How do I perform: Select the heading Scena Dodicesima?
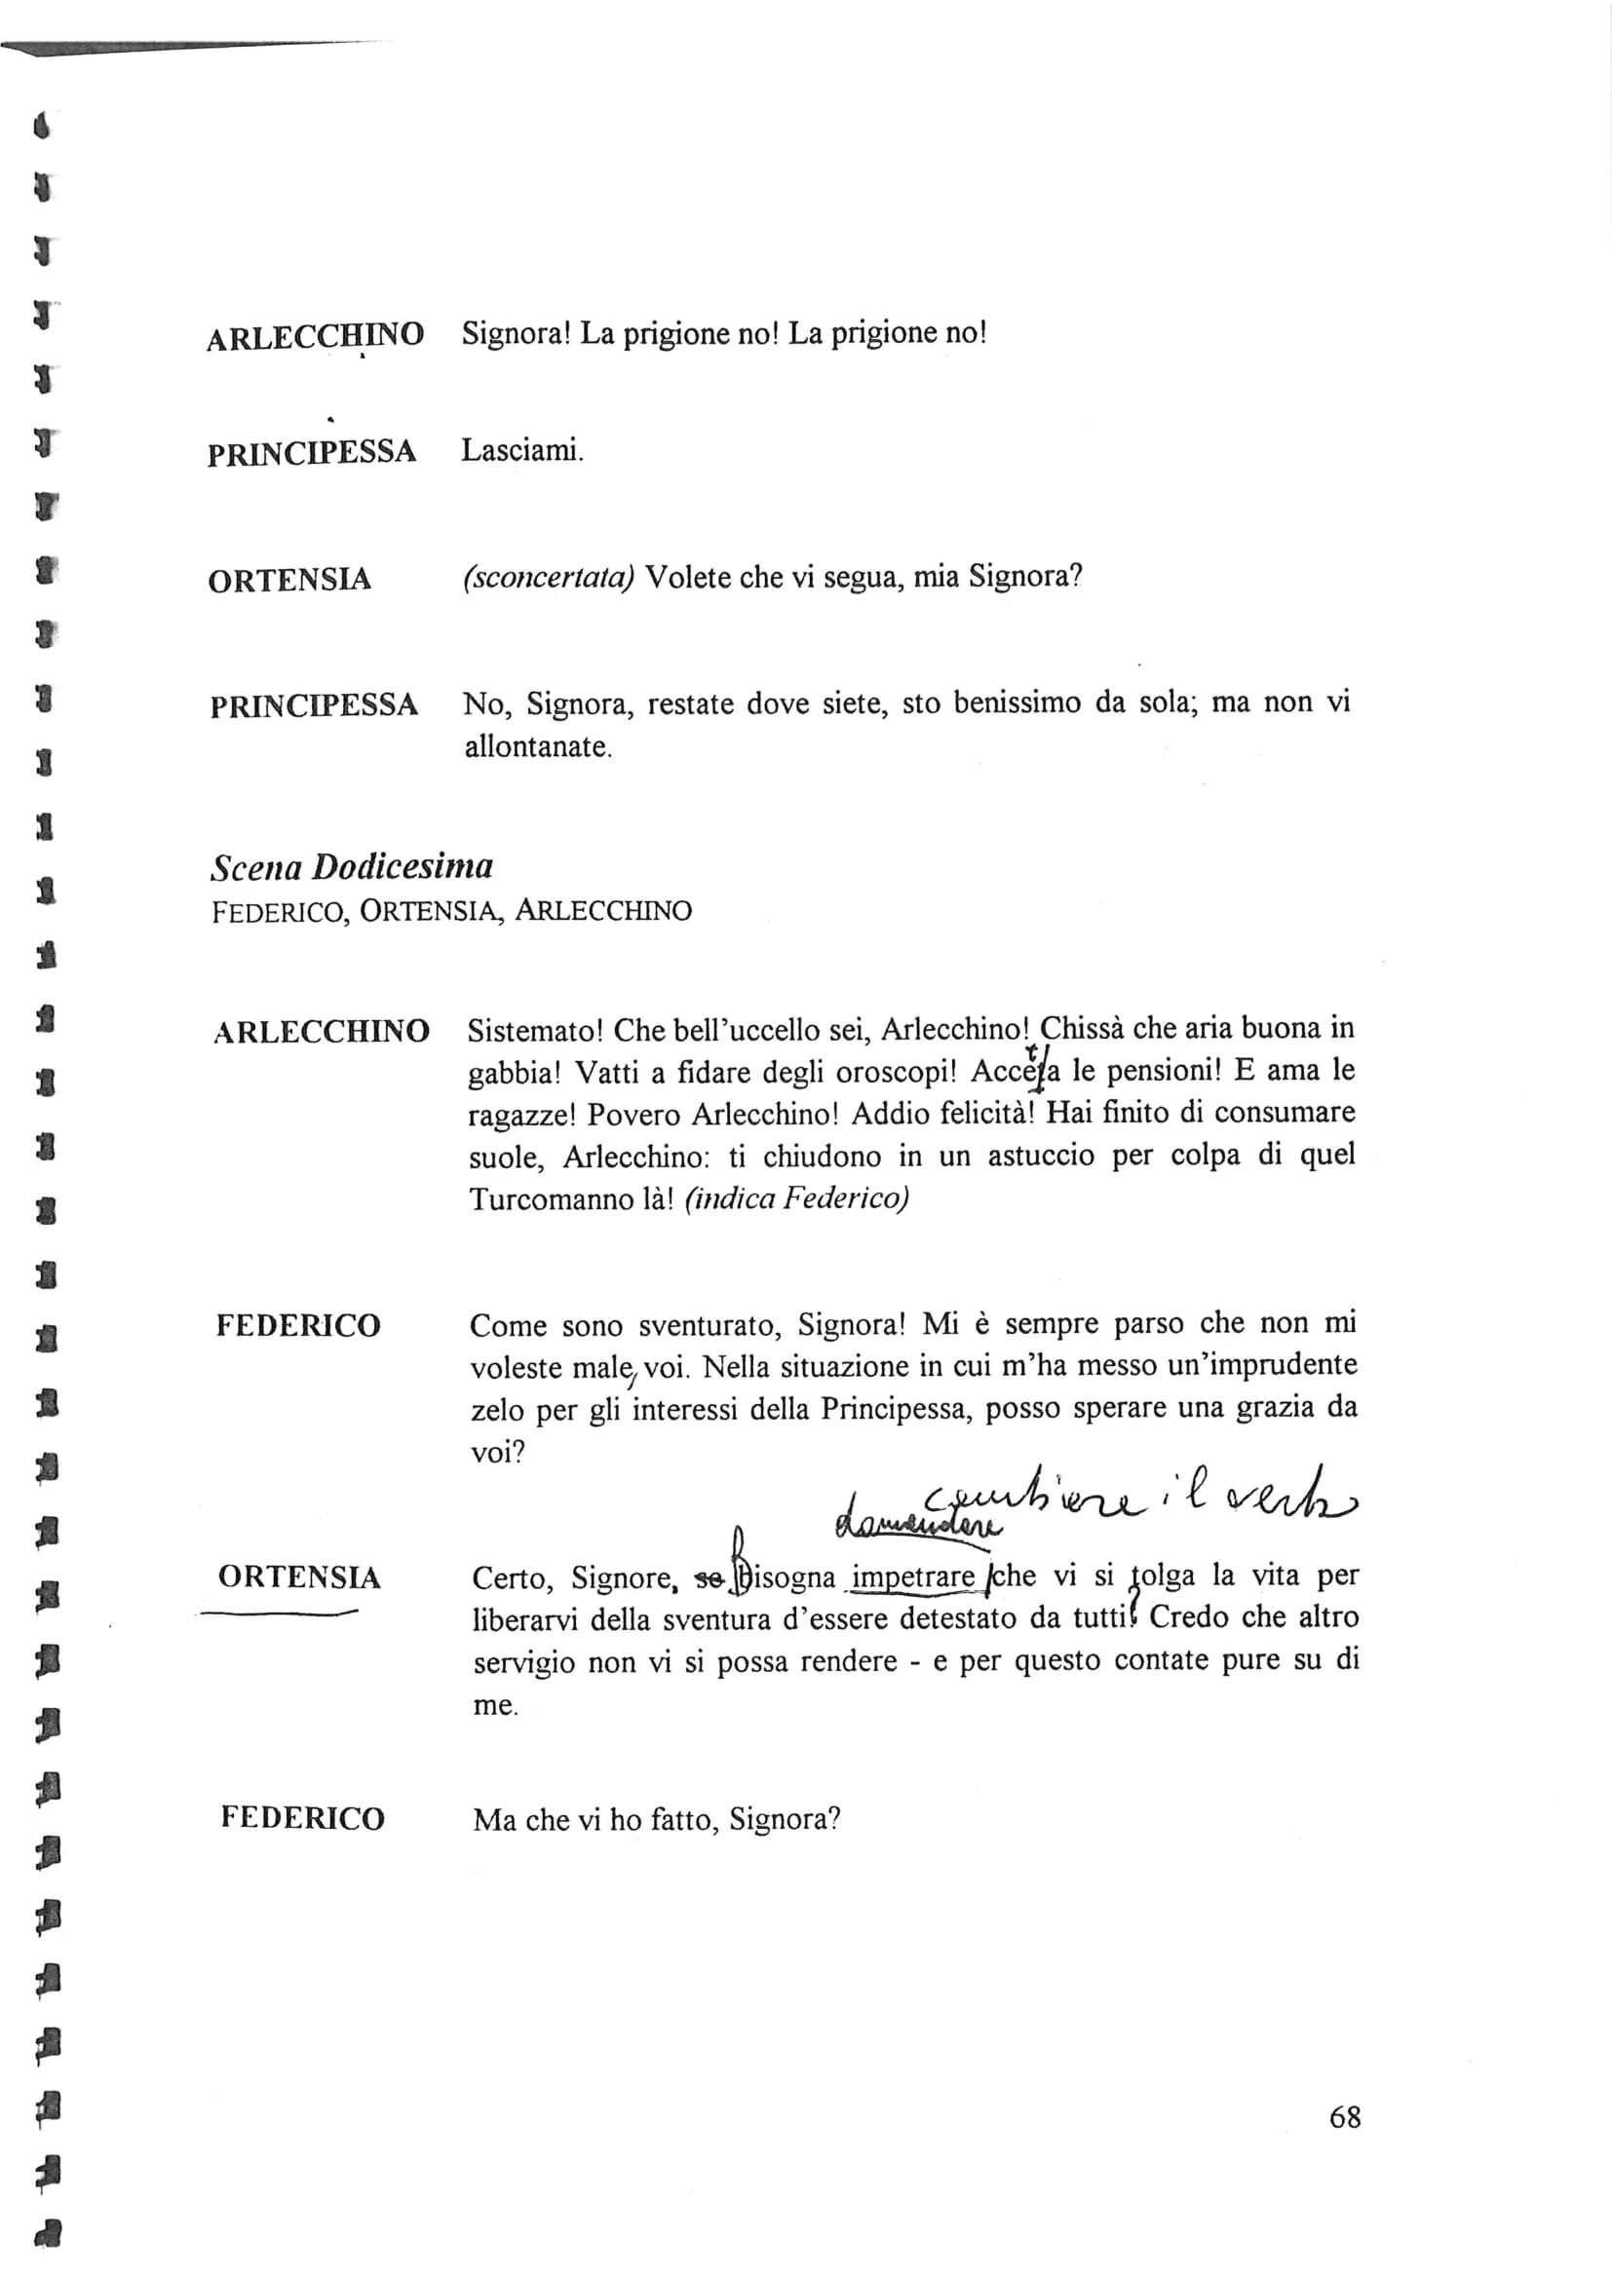pos(352,866)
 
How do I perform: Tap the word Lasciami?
pos(522,452)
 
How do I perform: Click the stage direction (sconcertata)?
pos(549,578)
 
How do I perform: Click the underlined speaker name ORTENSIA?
pos(299,1577)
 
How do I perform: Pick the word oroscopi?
pos(889,1072)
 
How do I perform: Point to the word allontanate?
pos(538,746)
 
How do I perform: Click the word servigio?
pos(523,1662)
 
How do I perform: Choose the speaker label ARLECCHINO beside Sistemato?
pos(321,1031)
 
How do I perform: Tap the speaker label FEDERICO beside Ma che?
pos(302,1818)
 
